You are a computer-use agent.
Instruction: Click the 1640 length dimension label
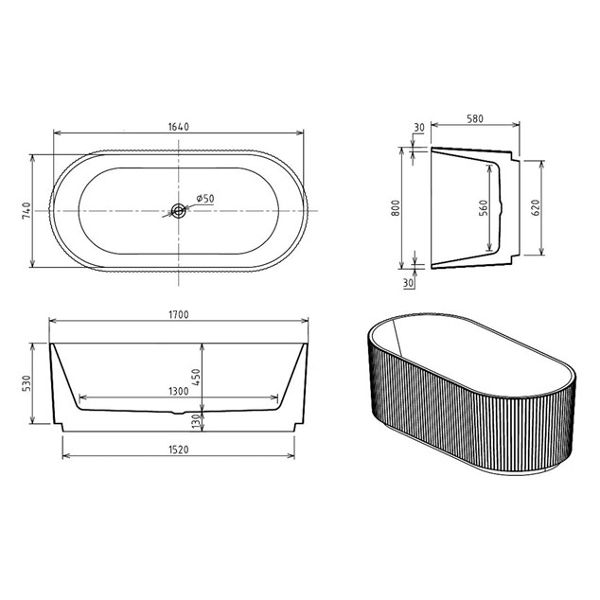pos(179,127)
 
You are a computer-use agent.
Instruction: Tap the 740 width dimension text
pos(26,211)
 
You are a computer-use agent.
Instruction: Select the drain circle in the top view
pos(178,210)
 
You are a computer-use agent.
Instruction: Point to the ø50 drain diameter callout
pos(205,199)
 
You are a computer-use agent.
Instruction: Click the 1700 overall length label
pos(179,314)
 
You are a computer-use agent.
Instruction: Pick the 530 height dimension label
pos(26,383)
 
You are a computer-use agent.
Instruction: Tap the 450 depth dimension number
pos(196,377)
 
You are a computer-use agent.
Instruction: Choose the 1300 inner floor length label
pos(179,391)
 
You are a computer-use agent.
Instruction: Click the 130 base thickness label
pos(196,421)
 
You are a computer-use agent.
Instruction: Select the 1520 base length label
pos(179,450)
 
